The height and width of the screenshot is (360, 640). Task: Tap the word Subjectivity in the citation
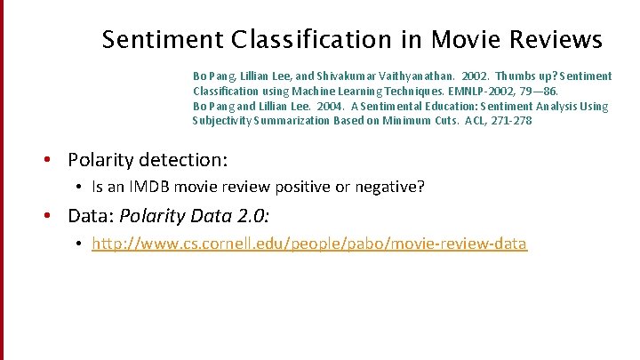point(222,121)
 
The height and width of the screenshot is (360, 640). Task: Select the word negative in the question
point(391,188)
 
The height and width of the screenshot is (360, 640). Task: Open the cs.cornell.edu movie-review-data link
point(309,244)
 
